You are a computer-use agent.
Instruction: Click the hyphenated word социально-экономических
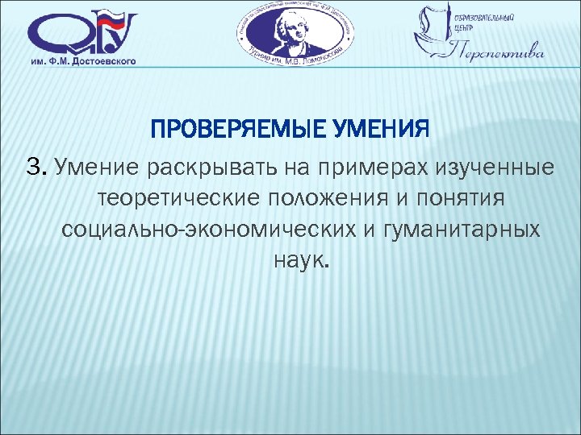click(206, 230)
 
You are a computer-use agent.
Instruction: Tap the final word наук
click(296, 260)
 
